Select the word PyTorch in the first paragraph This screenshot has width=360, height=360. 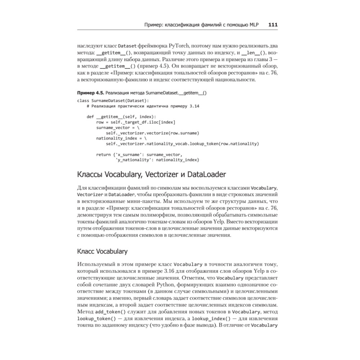(x=176, y=46)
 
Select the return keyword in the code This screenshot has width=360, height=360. (x=103, y=154)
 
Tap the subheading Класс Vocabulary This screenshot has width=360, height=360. (x=102, y=251)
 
